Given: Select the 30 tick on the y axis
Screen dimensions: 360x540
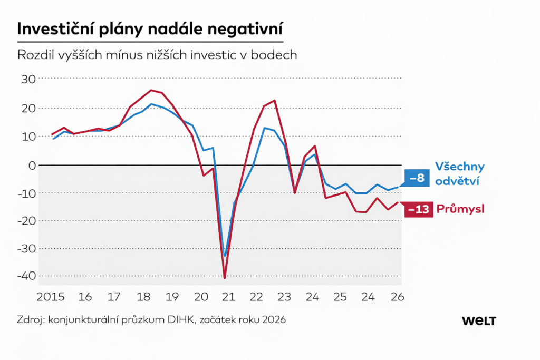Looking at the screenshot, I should click(28, 79).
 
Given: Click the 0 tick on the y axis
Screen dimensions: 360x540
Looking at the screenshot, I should click(32, 165).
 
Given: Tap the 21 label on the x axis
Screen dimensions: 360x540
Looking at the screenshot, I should click(228, 297).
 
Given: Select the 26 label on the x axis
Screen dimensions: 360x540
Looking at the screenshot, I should click(398, 297).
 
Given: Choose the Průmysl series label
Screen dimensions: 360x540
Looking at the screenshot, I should click(460, 210).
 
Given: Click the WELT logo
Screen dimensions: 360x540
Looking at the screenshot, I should click(479, 320).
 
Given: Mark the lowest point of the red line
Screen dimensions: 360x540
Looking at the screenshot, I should click(224, 278).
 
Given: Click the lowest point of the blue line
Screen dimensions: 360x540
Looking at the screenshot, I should click(225, 256).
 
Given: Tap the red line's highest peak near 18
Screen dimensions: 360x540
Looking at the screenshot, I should click(151, 90).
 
